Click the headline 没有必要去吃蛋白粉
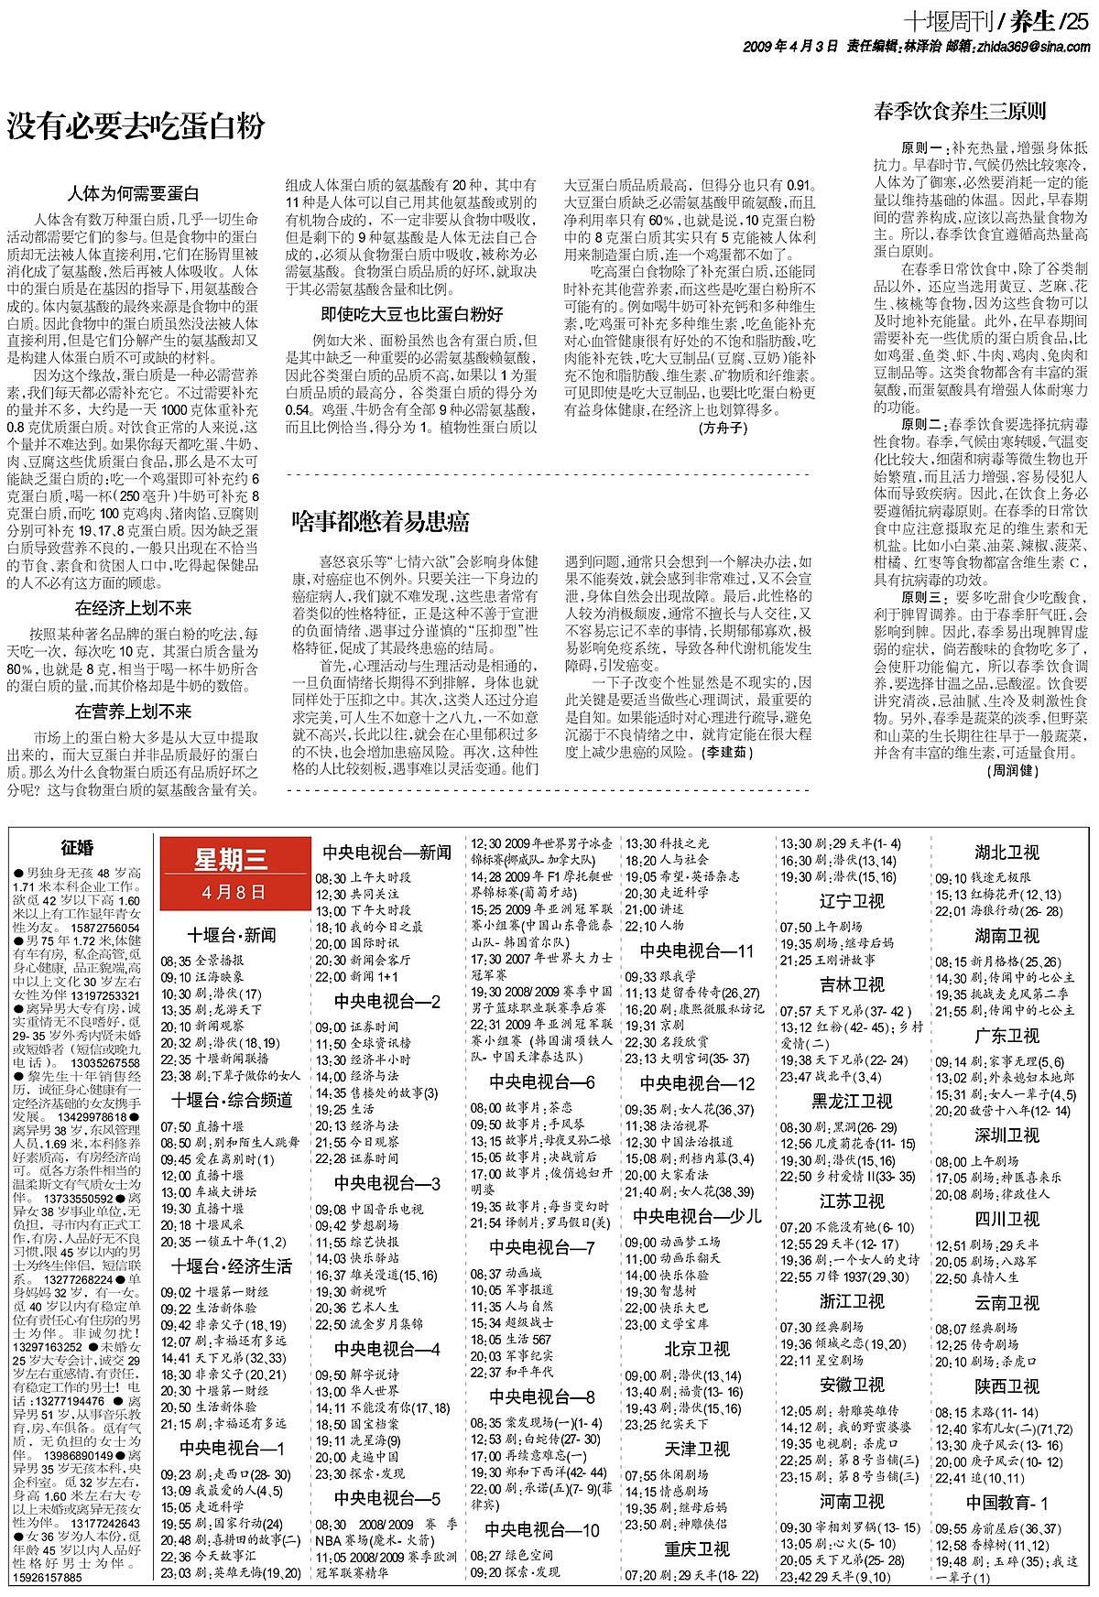136,125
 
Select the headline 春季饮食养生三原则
960,113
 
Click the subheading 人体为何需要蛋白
133,194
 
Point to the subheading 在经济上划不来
133,608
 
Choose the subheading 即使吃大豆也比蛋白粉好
411,314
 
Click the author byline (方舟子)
723,427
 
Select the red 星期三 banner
230,871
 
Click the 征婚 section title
78,848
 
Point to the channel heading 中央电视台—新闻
386,853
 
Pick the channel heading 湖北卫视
1007,853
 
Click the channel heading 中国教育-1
1007,1503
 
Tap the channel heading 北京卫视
697,1349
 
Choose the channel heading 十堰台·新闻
232,935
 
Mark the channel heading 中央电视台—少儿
697,1217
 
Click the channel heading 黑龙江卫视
852,1101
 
